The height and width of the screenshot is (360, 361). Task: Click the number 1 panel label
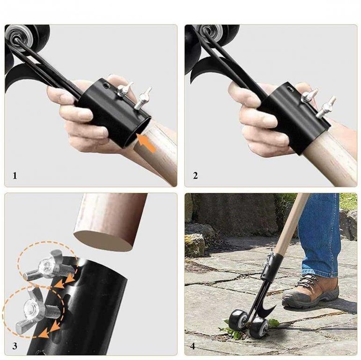(15, 176)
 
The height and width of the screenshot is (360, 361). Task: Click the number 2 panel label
(195, 176)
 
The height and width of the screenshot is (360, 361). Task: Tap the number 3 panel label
(15, 346)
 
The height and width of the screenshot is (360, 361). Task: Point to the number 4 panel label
(193, 346)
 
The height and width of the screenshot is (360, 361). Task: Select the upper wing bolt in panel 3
(49, 267)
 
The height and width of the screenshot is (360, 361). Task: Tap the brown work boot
(311, 292)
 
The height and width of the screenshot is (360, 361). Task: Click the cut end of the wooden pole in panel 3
(103, 240)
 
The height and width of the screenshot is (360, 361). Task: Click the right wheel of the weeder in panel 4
(259, 327)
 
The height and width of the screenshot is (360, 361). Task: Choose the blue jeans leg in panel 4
(320, 235)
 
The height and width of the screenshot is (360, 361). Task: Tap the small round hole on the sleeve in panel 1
(107, 86)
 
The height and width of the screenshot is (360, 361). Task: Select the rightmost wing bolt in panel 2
(325, 107)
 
